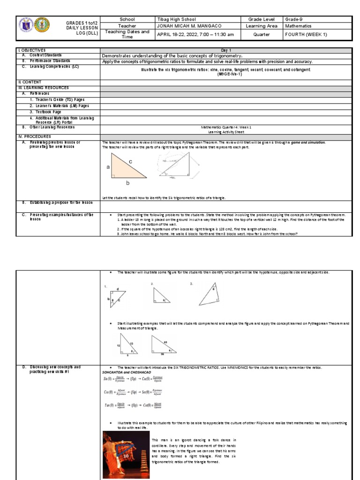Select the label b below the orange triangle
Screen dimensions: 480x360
click(x=127, y=183)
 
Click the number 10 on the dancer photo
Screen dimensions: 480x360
click(x=126, y=456)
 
